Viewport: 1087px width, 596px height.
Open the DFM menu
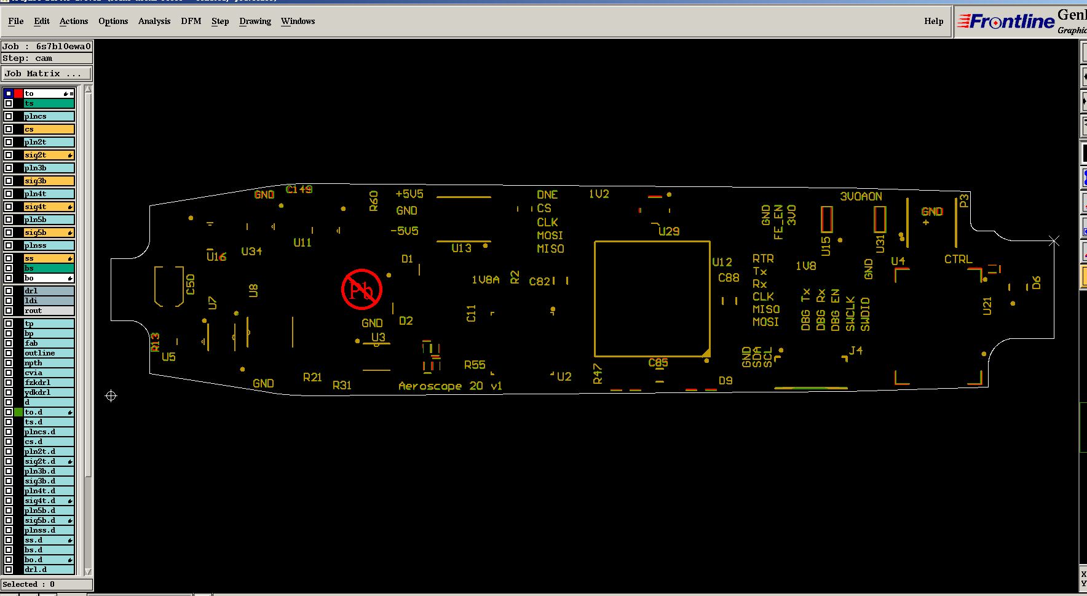click(x=191, y=21)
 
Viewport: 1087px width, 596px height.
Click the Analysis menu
click(x=154, y=21)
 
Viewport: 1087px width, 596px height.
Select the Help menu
click(x=933, y=21)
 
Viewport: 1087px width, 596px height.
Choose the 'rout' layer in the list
click(x=49, y=311)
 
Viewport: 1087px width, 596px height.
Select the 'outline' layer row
click(x=49, y=353)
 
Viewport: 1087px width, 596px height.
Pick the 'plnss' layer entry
click(x=49, y=245)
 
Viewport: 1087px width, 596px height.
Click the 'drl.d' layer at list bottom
click(x=49, y=570)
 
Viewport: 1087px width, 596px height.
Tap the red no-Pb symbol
click(x=362, y=289)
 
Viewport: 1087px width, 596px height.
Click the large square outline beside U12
click(x=652, y=299)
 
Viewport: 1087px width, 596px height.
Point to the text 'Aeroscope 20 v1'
click(x=450, y=386)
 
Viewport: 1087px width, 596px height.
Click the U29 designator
click(x=669, y=231)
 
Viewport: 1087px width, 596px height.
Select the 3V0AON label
click(x=861, y=196)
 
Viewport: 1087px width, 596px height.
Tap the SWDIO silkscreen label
click(x=865, y=314)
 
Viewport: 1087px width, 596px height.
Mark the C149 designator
click(x=299, y=189)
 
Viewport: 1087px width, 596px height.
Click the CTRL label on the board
click(x=958, y=260)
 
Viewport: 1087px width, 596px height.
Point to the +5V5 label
click(x=409, y=194)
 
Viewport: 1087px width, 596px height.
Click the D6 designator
click(x=1037, y=283)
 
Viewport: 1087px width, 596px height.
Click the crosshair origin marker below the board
click(x=111, y=396)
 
